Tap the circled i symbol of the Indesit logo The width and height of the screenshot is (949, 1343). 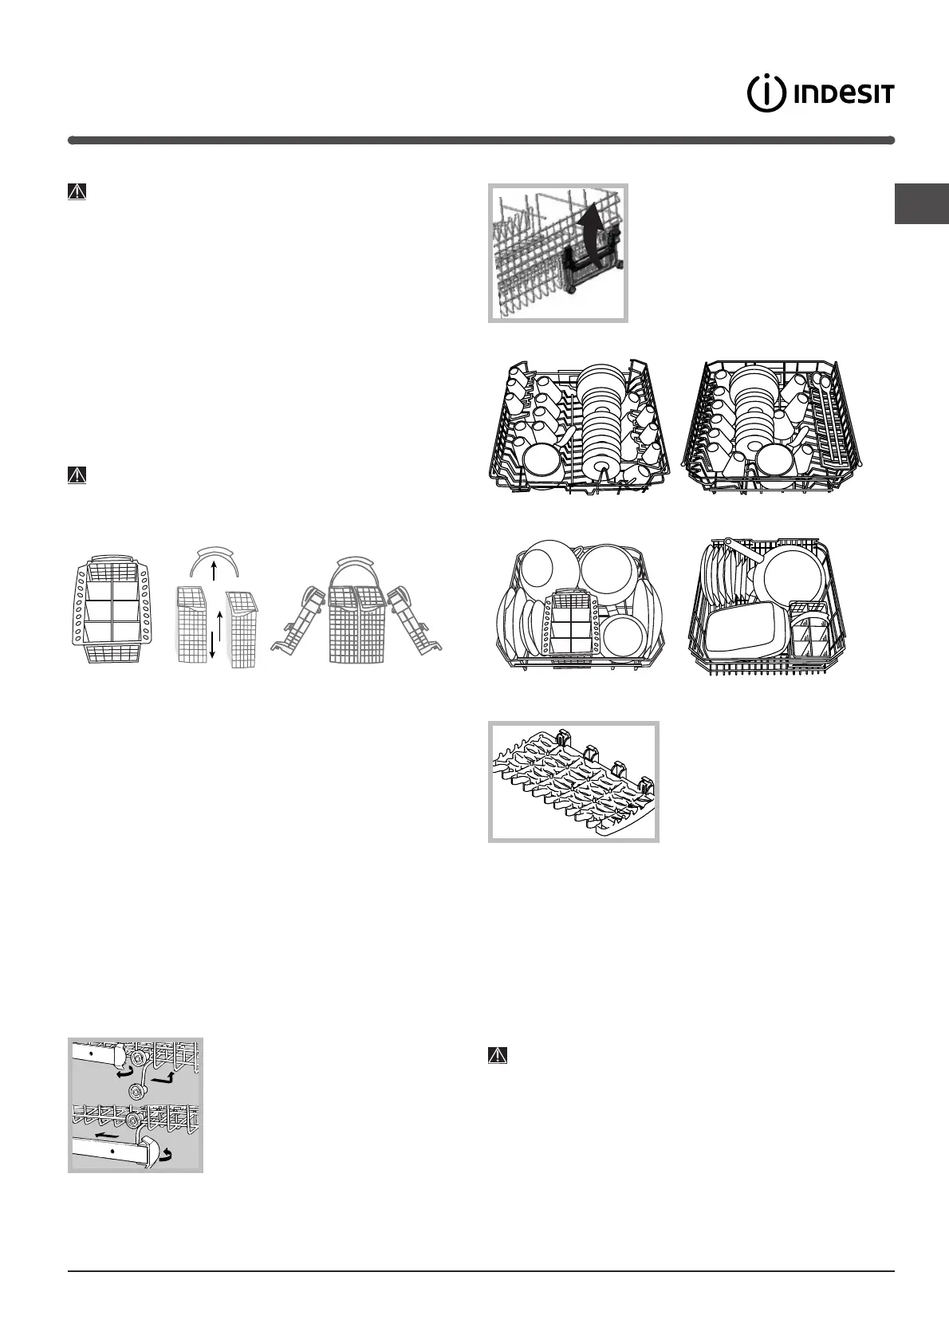[x=764, y=94]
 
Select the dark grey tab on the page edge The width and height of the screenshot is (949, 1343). [x=921, y=205]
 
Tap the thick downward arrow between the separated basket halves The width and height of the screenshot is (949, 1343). [x=212, y=642]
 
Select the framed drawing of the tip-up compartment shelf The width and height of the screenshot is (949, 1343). [x=573, y=782]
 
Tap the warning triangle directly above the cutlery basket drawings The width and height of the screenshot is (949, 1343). [x=77, y=475]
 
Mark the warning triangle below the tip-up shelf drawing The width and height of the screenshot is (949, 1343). [x=497, y=1055]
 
